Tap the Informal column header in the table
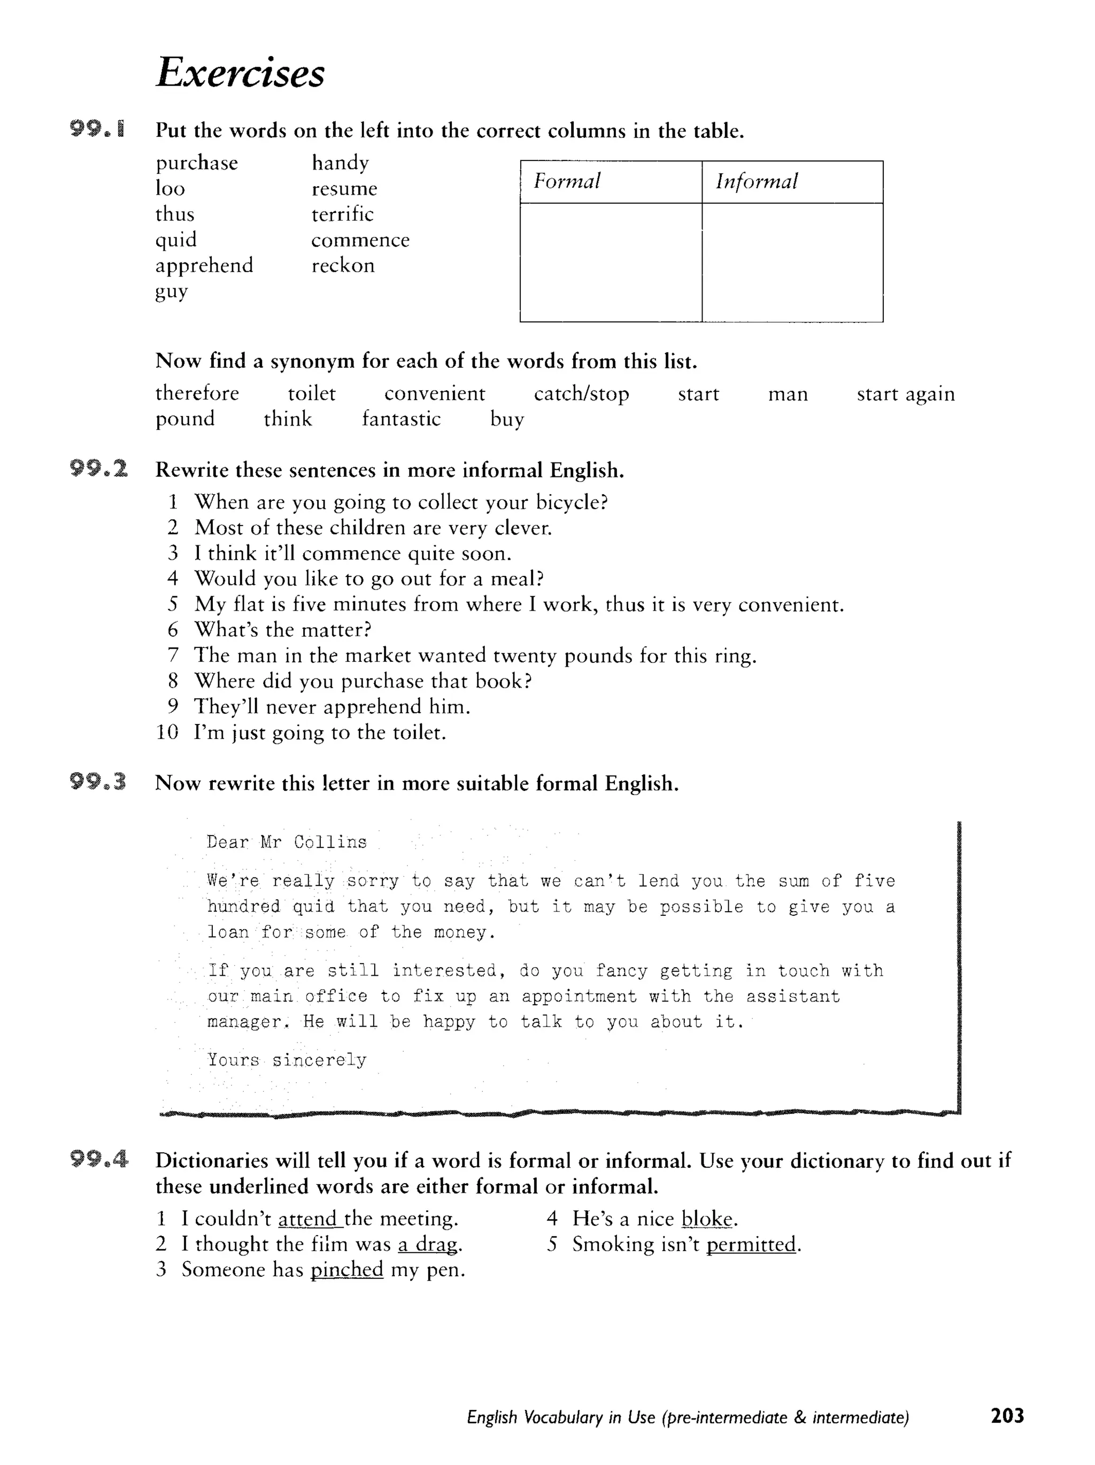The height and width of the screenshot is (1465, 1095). click(x=756, y=181)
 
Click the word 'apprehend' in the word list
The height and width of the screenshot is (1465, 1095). click(x=204, y=265)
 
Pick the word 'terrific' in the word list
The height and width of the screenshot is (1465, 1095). click(x=343, y=214)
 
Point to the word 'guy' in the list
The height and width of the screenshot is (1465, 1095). click(x=172, y=291)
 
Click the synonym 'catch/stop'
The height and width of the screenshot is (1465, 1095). click(x=581, y=394)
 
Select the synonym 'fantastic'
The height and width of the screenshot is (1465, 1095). click(x=401, y=419)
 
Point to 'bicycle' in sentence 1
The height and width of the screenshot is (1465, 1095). click(x=571, y=502)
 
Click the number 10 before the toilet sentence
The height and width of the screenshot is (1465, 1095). click(x=167, y=732)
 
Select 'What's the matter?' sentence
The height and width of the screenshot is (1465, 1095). click(x=283, y=629)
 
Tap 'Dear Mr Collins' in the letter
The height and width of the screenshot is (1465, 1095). click(x=286, y=842)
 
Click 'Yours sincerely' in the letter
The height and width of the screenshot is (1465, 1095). click(x=286, y=1060)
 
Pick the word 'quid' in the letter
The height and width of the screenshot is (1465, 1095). click(x=313, y=906)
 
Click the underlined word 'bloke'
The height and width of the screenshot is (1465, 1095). click(x=707, y=1219)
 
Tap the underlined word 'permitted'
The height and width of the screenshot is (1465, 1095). click(x=751, y=1245)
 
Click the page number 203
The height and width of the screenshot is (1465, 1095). click(x=1007, y=1416)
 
